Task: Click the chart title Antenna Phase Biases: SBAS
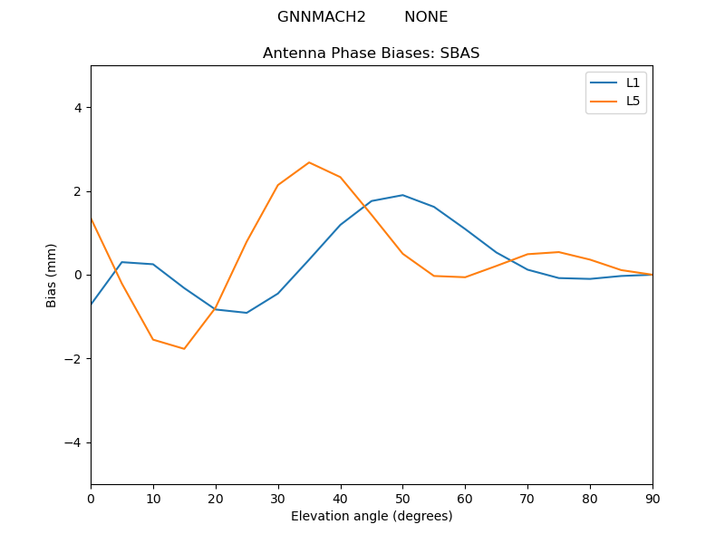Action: (x=371, y=53)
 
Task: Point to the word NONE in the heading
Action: (x=426, y=17)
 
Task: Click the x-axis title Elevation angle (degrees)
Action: (x=371, y=516)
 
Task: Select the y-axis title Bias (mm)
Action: (x=52, y=275)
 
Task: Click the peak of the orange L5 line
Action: (x=309, y=162)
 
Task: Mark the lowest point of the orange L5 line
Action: (x=184, y=349)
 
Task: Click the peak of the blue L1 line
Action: (x=402, y=195)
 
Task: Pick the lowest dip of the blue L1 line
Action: (x=246, y=313)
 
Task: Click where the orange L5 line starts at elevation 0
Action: (x=91, y=218)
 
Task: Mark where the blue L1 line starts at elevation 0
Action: (x=91, y=305)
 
